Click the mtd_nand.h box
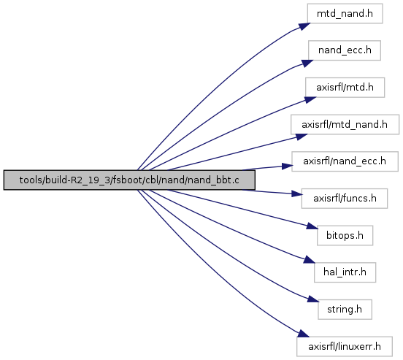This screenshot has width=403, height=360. click(x=345, y=14)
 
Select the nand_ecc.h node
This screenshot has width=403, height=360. click(x=345, y=50)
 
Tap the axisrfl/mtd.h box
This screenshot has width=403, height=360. click(x=345, y=88)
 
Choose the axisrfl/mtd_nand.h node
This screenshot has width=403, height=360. click(x=345, y=124)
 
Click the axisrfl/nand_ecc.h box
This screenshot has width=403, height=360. click(x=345, y=161)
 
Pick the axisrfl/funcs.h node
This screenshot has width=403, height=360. click(x=345, y=199)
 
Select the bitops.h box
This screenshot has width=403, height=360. click(x=345, y=236)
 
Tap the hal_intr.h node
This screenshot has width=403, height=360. click(x=345, y=272)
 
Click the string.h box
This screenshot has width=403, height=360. click(x=345, y=310)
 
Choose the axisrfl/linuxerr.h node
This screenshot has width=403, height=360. click(x=345, y=346)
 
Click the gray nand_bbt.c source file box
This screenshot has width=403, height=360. click(x=129, y=180)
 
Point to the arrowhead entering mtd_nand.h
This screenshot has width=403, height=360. click(x=305, y=26)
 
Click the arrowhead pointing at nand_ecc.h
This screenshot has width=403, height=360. click(x=307, y=64)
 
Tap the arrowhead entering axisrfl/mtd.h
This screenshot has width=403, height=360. click(x=310, y=99)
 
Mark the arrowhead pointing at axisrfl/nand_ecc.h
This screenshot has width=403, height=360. click(x=288, y=166)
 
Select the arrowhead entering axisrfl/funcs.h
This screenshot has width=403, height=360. click(x=296, y=194)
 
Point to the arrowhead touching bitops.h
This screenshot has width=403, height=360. click(x=312, y=227)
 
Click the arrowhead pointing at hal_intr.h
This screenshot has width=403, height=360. click(x=310, y=260)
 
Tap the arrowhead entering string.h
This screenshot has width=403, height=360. click(x=313, y=299)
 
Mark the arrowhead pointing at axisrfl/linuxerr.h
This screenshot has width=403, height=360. click(x=304, y=334)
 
